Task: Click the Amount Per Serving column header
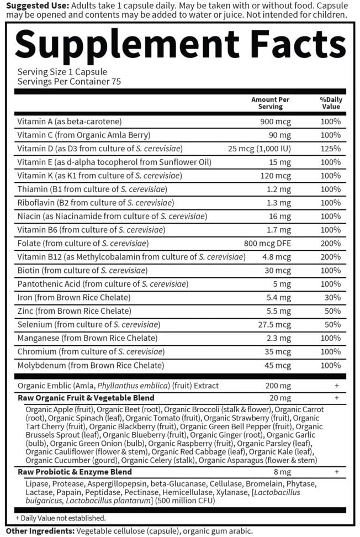[x=271, y=103]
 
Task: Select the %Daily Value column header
[x=331, y=103]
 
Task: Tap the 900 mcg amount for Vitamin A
[x=276, y=122]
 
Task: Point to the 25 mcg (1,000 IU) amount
[x=260, y=149]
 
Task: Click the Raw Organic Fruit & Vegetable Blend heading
[x=86, y=398]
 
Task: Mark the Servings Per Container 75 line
[x=69, y=81]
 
